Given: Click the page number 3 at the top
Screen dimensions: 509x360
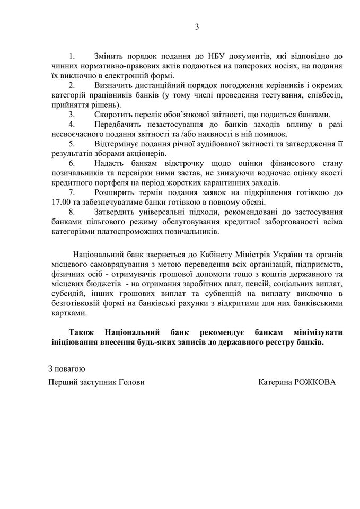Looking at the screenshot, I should (181, 27).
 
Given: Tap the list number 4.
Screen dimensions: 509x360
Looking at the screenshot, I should (72, 124).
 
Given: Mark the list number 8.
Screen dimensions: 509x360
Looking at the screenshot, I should (72, 212).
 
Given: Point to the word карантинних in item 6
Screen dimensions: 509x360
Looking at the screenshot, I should (231, 182).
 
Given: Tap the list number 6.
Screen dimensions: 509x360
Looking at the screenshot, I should (72, 163).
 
